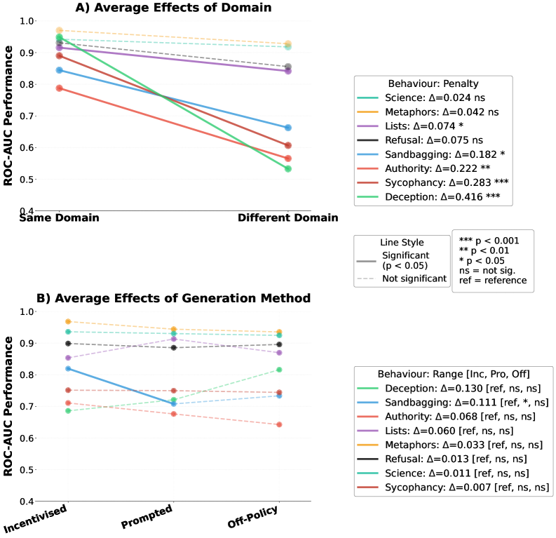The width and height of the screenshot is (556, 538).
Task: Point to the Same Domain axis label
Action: click(x=60, y=218)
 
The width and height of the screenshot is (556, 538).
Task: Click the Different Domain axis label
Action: click(x=287, y=218)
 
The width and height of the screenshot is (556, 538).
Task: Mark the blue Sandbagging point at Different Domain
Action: click(x=288, y=128)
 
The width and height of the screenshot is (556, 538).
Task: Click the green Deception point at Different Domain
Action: click(x=288, y=169)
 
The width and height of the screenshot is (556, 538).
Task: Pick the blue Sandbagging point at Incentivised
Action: click(x=68, y=368)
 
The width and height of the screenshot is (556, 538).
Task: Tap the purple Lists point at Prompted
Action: click(x=173, y=339)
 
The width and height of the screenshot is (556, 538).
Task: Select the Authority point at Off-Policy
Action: click(x=279, y=424)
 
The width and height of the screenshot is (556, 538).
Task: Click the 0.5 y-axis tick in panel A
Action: click(x=27, y=179)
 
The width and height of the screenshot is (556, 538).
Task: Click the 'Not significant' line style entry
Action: click(x=414, y=278)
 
